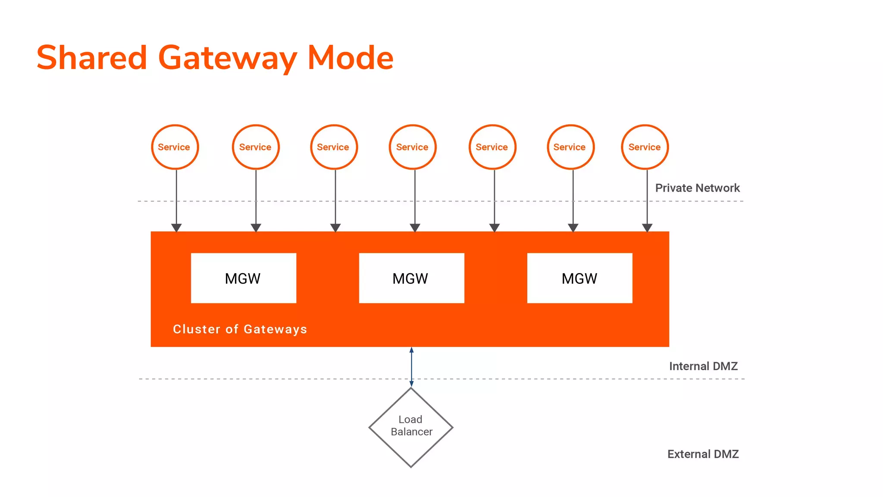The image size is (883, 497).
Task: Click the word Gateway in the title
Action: pyautogui.click(x=228, y=58)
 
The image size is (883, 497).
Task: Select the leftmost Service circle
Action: pyautogui.click(x=175, y=147)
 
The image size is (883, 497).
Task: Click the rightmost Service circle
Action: pyautogui.click(x=645, y=147)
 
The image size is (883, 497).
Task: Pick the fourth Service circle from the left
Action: pyautogui.click(x=413, y=147)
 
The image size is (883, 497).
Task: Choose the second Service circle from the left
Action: pyautogui.click(x=256, y=147)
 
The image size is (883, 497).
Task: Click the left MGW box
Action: pyautogui.click(x=244, y=278)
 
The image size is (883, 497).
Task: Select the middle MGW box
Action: pyautogui.click(x=411, y=278)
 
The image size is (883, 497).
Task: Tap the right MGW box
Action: pyautogui.click(x=579, y=278)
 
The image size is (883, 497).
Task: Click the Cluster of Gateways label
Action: pyautogui.click(x=240, y=329)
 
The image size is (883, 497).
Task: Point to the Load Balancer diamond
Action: pyautogui.click(x=411, y=427)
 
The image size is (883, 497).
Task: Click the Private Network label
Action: pyautogui.click(x=697, y=188)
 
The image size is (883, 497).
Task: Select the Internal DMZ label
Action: pyautogui.click(x=703, y=366)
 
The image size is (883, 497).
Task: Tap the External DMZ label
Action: pyautogui.click(x=703, y=454)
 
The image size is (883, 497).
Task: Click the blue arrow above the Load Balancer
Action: pyautogui.click(x=411, y=367)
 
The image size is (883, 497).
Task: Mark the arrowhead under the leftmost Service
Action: pyautogui.click(x=176, y=227)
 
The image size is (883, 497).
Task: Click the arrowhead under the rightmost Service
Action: pyautogui.click(x=647, y=227)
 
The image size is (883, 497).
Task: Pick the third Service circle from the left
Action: pyautogui.click(x=334, y=147)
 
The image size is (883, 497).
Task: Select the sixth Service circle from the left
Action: pyautogui.click(x=570, y=147)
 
